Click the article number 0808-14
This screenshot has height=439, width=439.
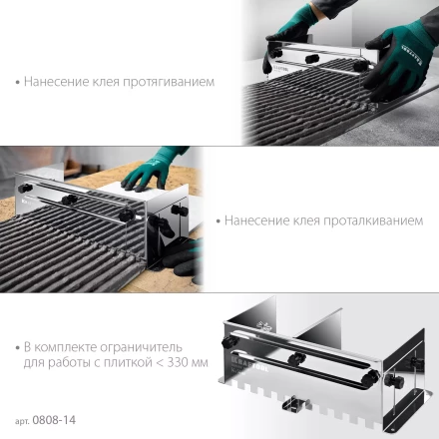coord(54,420)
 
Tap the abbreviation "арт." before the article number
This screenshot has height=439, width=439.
coord(23,421)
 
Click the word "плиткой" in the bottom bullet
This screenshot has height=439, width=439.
coord(128,362)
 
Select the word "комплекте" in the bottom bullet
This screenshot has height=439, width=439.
coord(66,347)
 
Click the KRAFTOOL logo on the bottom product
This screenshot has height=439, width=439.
coord(248,364)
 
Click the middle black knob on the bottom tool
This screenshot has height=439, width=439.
coord(297,359)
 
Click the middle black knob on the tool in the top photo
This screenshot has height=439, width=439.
coord(312,59)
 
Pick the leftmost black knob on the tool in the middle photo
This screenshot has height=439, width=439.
coord(25,188)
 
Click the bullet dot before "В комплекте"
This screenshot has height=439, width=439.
coord(18,348)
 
